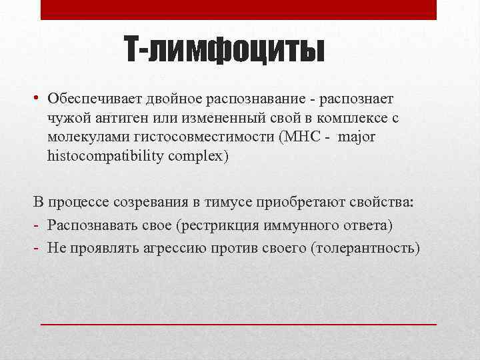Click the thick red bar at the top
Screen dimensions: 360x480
[x=239, y=9]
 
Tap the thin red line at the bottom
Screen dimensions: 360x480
[x=239, y=323]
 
